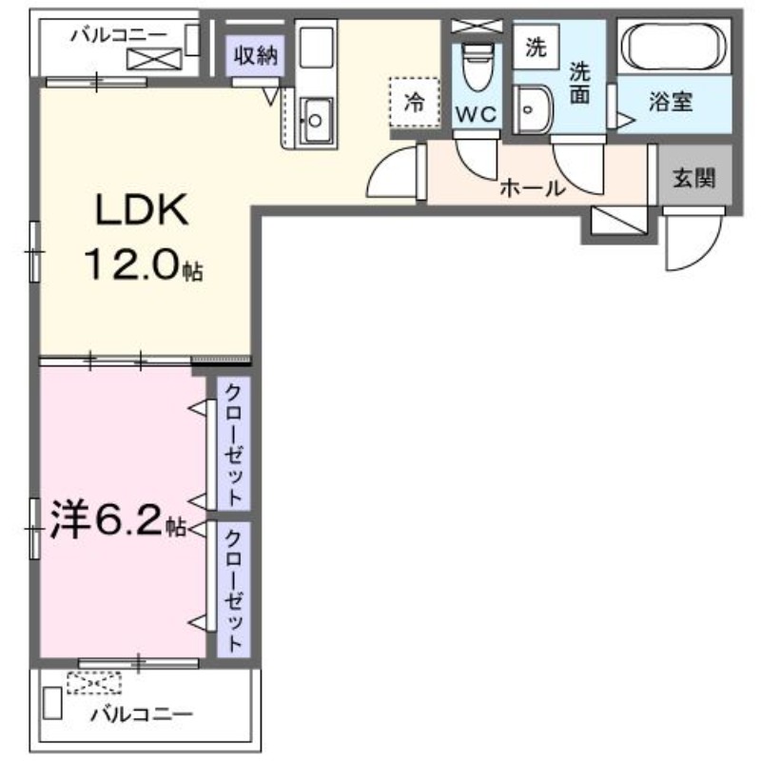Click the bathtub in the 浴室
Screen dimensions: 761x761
click(x=674, y=47)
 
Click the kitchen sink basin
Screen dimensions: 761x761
click(x=314, y=121)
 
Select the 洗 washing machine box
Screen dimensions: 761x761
click(x=536, y=48)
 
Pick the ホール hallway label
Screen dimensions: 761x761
click(x=533, y=188)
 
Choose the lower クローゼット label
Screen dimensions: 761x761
click(x=233, y=589)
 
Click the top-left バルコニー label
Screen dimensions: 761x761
click(x=117, y=35)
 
